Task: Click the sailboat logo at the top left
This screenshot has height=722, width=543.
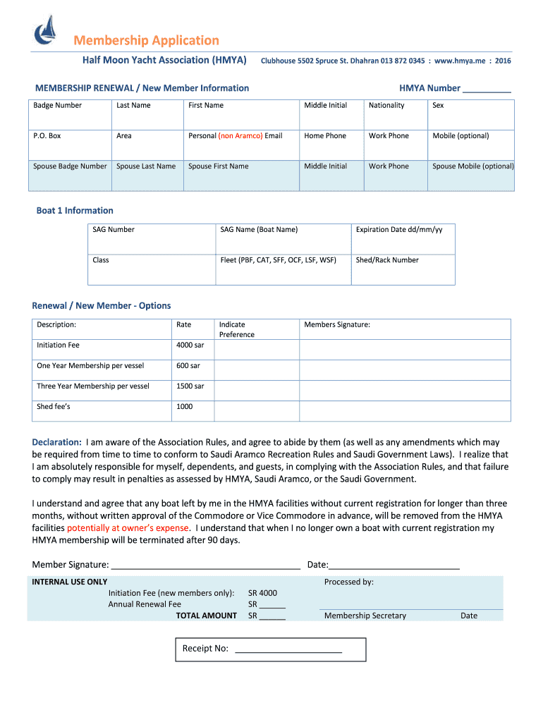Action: click(x=46, y=30)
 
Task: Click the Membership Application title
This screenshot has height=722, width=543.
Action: click(x=147, y=40)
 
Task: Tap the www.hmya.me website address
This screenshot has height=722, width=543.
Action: click(x=459, y=61)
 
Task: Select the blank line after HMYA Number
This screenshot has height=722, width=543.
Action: click(x=487, y=90)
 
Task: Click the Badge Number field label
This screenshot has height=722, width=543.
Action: click(x=57, y=105)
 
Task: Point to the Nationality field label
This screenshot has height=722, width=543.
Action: click(x=386, y=105)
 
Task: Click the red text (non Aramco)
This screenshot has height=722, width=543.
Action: click(x=240, y=135)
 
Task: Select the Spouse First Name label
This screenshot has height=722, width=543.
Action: click(x=219, y=166)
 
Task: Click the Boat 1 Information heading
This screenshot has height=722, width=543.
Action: click(x=75, y=210)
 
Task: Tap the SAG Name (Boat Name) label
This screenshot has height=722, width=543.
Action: click(x=259, y=229)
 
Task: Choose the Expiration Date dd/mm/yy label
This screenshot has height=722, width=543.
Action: click(x=399, y=229)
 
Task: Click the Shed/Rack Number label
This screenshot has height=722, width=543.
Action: click(x=387, y=259)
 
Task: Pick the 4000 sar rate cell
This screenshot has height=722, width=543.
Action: click(x=190, y=345)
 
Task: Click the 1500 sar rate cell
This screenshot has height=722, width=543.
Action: click(x=190, y=386)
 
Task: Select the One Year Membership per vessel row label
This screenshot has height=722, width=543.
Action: click(x=90, y=365)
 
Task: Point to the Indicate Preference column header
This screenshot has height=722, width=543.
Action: click(x=236, y=329)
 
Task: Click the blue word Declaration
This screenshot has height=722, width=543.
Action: click(x=56, y=442)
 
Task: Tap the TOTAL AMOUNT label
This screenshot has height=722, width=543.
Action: click(x=206, y=616)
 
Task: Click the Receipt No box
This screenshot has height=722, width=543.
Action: click(x=269, y=649)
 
